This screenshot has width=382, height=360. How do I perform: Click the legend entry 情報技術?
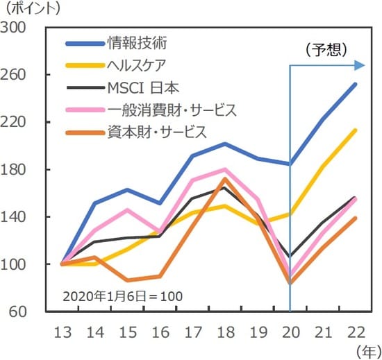pyautogui.click(x=138, y=44)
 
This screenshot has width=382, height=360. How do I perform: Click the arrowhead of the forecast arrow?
pyautogui.click(x=359, y=65)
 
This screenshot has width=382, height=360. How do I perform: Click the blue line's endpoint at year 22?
pyautogui.click(x=356, y=85)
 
